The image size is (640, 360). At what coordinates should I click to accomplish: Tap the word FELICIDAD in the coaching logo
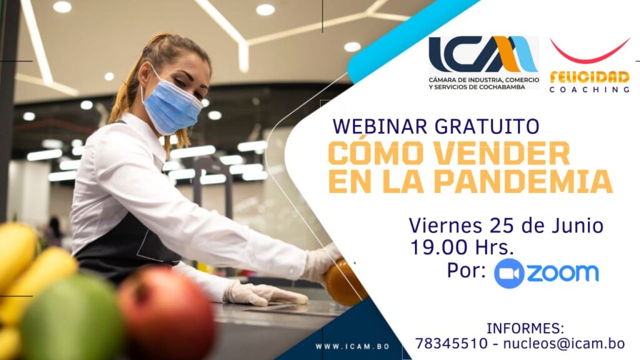click(x=589, y=77)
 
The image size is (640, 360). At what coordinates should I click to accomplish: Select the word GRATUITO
click(x=486, y=126)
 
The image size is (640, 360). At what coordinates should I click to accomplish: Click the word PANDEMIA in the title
click(x=523, y=181)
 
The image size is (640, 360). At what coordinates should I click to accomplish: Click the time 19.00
click(x=439, y=247)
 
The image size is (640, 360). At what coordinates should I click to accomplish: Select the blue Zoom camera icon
click(x=509, y=274)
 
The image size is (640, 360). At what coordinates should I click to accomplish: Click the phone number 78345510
click(x=451, y=343)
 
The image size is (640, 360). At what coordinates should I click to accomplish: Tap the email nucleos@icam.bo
click(x=564, y=343)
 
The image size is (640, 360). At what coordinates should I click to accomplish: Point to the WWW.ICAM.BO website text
click(x=352, y=346)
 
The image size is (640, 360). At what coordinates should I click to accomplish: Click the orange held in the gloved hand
click(x=344, y=283)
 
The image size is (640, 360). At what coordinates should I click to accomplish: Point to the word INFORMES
click(x=525, y=328)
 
